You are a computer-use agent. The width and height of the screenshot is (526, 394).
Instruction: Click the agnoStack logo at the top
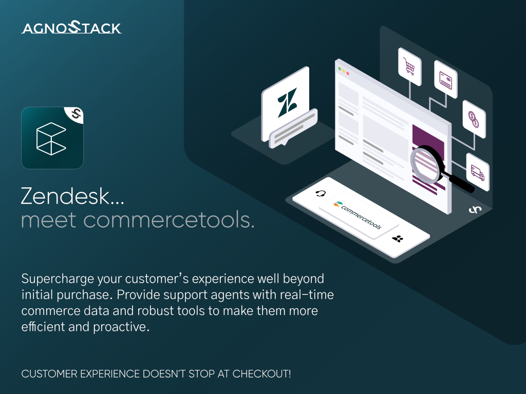[x=71, y=28]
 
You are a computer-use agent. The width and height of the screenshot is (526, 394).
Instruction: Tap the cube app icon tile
[x=52, y=138]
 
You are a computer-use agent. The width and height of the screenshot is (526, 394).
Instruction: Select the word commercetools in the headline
[x=168, y=220]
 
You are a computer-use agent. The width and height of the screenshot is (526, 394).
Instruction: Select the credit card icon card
[x=445, y=80]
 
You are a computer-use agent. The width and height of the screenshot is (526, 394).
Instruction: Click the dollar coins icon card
[x=474, y=119]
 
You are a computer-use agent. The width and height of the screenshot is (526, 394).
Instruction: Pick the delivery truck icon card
[x=477, y=172]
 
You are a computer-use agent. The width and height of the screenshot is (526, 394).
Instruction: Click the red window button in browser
[x=348, y=73]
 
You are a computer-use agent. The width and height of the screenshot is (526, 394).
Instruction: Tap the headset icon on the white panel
[x=321, y=193]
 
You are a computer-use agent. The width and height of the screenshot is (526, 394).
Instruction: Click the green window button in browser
[x=339, y=68]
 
